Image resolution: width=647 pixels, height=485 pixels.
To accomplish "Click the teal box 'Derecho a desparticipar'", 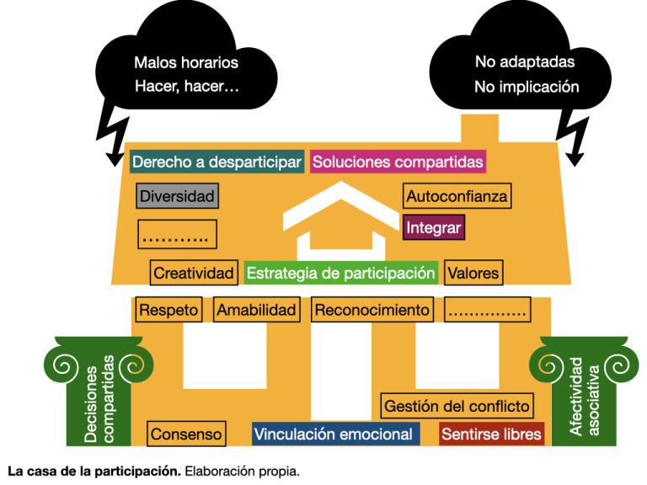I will click(217, 162).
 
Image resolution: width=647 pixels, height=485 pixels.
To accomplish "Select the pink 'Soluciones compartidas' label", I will click(398, 162).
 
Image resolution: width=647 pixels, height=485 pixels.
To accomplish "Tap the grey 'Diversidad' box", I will click(177, 196).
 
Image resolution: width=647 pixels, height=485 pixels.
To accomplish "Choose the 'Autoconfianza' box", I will click(457, 196).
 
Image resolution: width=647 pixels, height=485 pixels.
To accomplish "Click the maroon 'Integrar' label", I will click(434, 227).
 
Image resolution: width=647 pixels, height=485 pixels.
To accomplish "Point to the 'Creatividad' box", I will click(193, 273).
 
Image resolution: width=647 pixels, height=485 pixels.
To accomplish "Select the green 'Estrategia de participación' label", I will click(340, 273).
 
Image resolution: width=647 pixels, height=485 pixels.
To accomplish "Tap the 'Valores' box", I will click(473, 273).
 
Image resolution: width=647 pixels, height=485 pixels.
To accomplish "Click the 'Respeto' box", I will click(168, 310).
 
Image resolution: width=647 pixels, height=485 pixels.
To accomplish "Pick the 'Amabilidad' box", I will click(257, 310).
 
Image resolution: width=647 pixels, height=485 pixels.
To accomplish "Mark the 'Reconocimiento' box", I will click(372, 310).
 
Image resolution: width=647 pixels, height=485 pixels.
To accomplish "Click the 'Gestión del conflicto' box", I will click(457, 406).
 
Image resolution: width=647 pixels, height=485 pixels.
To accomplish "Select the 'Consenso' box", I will click(186, 434).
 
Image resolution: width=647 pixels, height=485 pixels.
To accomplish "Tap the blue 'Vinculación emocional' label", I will click(334, 434).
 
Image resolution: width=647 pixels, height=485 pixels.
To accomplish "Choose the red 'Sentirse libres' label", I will click(491, 434).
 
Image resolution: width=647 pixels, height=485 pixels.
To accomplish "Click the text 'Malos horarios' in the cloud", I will click(186, 62).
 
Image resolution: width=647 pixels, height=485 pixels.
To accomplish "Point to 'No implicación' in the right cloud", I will click(527, 87).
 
